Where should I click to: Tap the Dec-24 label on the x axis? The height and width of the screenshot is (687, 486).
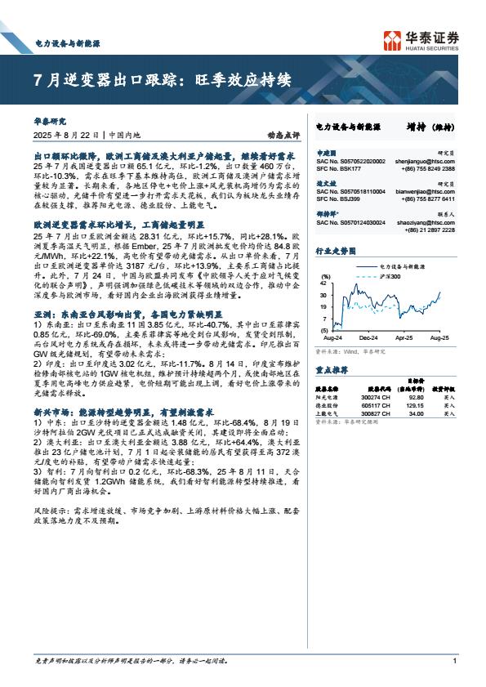(x=368, y=336)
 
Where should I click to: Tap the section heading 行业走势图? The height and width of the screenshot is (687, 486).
(x=334, y=252)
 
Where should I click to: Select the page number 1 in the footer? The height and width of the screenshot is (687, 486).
(x=453, y=661)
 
